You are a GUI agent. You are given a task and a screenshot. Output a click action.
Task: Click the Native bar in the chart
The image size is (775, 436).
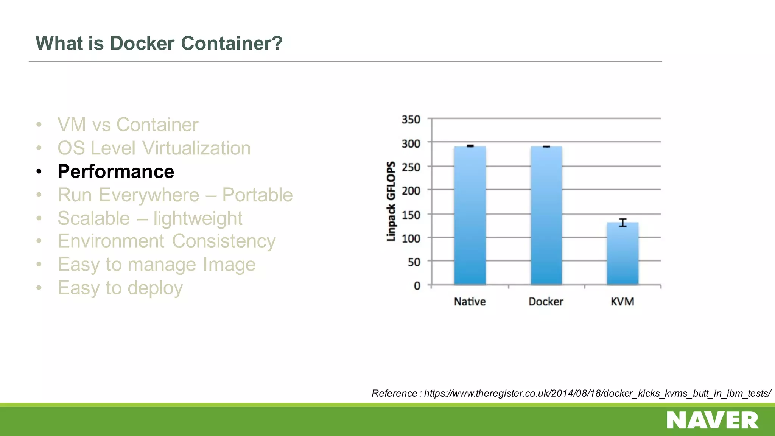[470, 216]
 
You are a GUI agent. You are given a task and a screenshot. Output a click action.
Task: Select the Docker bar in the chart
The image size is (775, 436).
[546, 216]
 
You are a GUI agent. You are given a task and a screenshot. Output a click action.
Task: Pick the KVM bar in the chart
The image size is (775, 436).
[622, 254]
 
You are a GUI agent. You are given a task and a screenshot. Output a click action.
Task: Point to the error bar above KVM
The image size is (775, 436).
[622, 223]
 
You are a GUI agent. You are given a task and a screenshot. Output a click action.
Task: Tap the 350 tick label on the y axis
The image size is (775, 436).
[411, 120]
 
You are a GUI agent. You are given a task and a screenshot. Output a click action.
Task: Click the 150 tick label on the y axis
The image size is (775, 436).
[411, 215]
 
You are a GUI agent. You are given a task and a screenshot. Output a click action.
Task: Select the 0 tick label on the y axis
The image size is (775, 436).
[417, 286]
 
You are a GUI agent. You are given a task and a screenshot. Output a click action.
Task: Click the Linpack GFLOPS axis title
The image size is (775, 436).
[391, 201]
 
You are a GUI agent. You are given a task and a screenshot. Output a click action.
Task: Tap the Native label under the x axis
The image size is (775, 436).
[470, 302]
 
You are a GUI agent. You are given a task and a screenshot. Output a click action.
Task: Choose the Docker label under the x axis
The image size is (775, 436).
[546, 302]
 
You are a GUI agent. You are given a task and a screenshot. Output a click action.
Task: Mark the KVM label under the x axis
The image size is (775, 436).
[622, 302]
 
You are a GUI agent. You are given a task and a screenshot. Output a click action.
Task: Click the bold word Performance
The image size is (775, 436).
[116, 172]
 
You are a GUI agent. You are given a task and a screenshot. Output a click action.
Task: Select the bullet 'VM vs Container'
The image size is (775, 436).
[128, 125]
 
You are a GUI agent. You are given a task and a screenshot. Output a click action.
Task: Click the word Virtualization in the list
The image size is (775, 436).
[196, 148]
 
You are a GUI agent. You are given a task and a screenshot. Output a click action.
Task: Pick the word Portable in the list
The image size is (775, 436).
[257, 195]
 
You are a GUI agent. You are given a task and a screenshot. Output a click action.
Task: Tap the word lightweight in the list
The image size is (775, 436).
[198, 219]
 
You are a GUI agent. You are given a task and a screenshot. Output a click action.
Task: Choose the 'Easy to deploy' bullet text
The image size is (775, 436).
[120, 288]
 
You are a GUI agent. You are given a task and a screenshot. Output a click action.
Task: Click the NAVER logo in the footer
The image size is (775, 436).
[713, 420]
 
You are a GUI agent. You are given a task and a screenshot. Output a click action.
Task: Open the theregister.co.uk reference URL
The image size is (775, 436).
[597, 394]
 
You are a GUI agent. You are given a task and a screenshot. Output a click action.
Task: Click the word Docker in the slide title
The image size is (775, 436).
[142, 43]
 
